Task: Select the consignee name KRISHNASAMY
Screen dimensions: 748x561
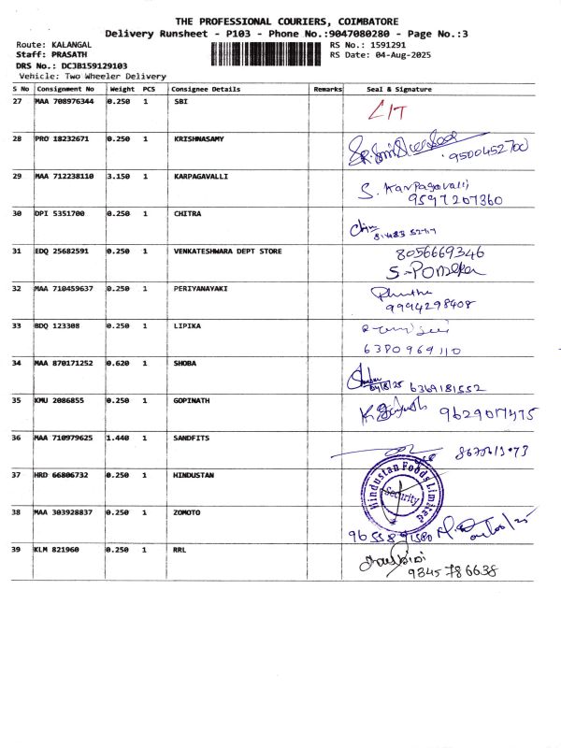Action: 199,138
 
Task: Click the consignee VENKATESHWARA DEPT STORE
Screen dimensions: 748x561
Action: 228,251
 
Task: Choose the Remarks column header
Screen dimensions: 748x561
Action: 327,90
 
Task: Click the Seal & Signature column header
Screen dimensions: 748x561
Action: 399,90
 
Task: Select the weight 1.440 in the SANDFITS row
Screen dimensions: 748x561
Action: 119,438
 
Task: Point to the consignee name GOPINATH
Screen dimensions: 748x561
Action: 194,400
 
